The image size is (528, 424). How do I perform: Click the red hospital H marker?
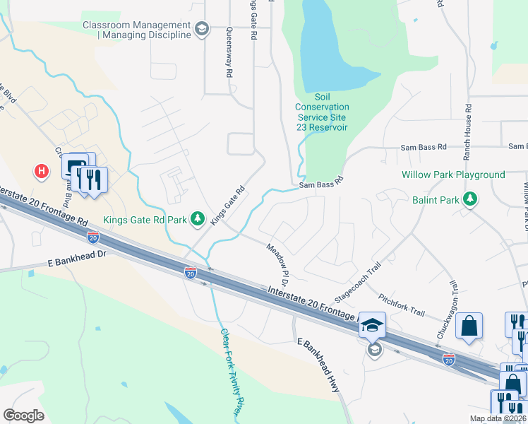click(42, 171)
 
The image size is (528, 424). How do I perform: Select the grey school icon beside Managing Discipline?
click(202, 29)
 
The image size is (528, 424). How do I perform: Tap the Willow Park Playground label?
click(453, 175)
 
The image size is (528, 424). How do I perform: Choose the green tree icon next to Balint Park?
click(470, 200)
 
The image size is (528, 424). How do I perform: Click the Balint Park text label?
click(436, 200)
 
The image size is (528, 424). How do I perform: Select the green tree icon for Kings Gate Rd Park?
click(199, 220)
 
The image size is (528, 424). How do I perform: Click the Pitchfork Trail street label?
click(401, 305)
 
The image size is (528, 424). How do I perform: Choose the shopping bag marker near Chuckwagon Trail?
click(468, 327)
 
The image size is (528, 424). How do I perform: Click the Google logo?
click(24, 415)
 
